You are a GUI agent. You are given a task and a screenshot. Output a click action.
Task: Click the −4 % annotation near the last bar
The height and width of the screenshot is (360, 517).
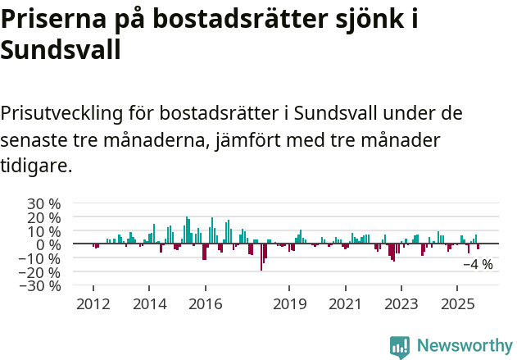point(478,265)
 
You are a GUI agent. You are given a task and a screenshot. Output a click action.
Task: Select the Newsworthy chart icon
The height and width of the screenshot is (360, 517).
point(400,347)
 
